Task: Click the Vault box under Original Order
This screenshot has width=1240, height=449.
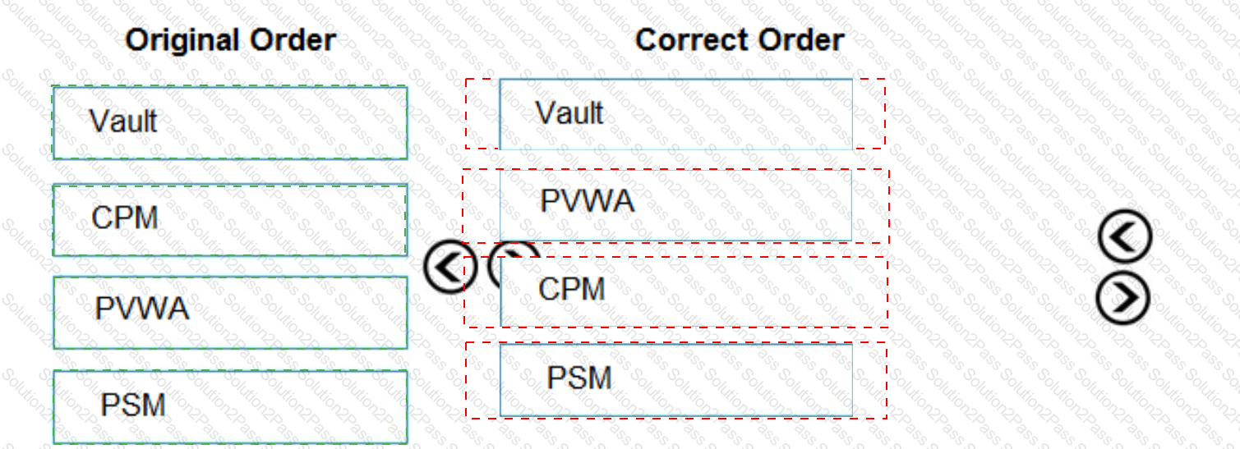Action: click(230, 122)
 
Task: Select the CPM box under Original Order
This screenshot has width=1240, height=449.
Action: click(230, 220)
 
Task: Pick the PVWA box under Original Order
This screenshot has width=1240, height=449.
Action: click(230, 313)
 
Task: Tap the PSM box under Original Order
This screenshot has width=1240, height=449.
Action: click(230, 407)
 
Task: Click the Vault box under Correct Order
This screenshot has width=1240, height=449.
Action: click(676, 114)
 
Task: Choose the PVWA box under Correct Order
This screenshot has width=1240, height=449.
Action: click(676, 205)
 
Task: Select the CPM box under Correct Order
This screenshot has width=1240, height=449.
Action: click(676, 291)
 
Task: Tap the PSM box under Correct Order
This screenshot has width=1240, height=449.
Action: click(676, 380)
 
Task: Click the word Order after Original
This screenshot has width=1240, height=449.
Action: click(293, 40)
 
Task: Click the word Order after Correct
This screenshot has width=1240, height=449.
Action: click(801, 40)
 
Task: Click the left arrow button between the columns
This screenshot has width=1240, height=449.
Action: click(450, 267)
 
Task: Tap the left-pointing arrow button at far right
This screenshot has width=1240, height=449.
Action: click(1125, 236)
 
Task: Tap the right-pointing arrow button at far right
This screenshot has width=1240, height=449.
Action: click(1122, 297)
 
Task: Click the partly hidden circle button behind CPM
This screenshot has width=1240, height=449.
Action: click(514, 250)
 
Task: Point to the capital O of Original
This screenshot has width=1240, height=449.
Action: click(136, 40)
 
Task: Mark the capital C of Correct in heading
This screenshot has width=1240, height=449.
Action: click(648, 40)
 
